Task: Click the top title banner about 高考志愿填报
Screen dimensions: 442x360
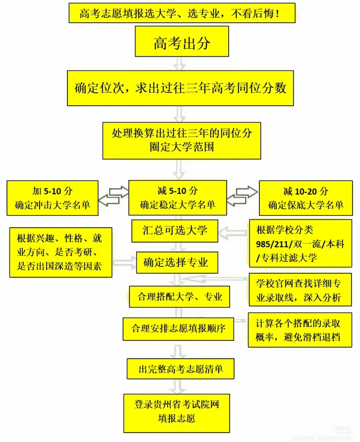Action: [181, 13]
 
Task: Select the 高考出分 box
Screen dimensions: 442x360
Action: [182, 42]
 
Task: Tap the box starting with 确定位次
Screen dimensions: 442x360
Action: [181, 88]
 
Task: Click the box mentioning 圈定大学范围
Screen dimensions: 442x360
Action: [182, 140]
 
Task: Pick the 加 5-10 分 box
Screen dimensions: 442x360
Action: [53, 198]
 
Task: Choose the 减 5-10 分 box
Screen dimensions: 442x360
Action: [178, 197]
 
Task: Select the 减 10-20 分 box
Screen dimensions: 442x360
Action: [306, 198]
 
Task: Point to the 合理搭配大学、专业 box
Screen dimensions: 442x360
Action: [180, 297]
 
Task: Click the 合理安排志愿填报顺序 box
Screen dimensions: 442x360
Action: [179, 328]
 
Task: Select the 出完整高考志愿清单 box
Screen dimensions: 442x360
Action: [179, 369]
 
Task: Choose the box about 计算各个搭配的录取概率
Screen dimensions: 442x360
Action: [299, 329]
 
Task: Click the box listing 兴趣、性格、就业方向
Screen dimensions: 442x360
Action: [60, 252]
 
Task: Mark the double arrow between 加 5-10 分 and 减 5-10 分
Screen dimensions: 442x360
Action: [113, 195]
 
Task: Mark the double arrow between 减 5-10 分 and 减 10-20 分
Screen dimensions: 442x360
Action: [243, 195]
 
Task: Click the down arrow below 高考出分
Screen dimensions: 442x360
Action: [180, 63]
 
